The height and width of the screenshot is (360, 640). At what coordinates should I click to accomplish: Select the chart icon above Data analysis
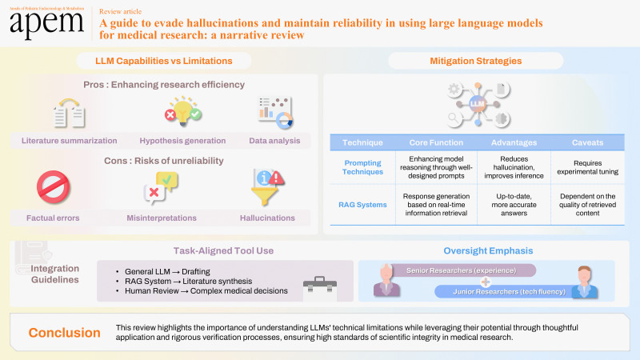[273, 113]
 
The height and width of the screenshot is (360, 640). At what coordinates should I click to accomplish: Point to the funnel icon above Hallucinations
[267, 188]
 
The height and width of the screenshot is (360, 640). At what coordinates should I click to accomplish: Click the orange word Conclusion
[64, 333]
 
